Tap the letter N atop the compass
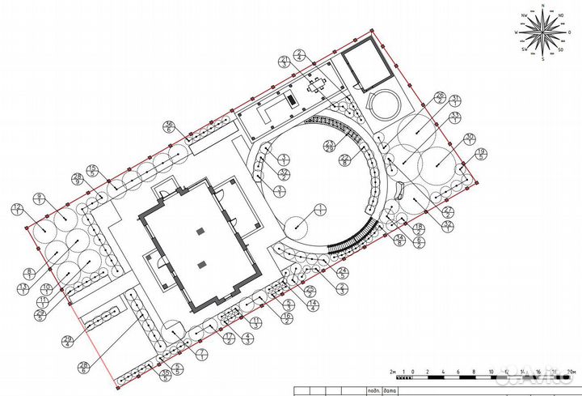[x=543, y=6]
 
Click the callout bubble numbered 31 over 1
[x=456, y=100]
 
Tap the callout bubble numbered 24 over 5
[x=342, y=272]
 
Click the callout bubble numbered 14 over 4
[x=310, y=303]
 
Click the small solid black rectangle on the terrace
[x=289, y=100]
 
